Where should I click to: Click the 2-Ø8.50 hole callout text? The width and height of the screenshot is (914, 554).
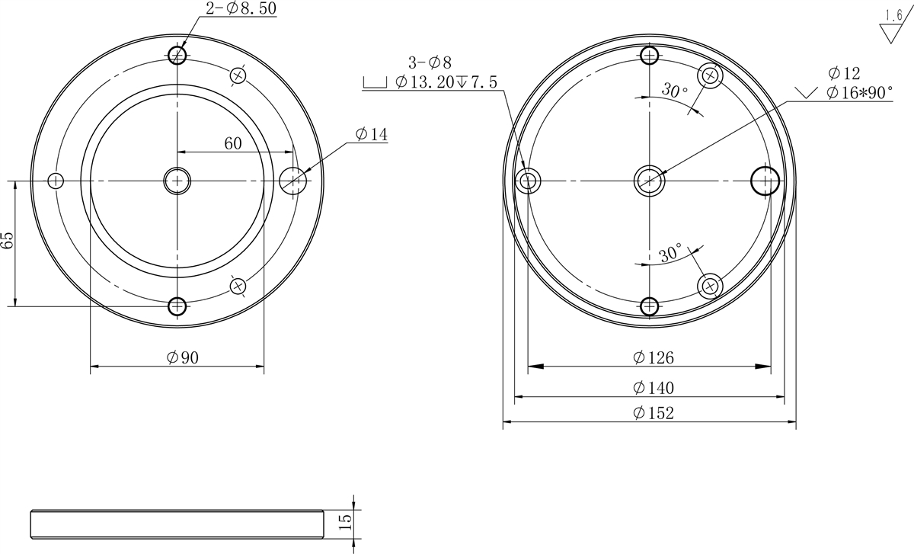click(241, 8)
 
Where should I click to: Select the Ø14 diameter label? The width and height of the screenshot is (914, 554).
click(372, 134)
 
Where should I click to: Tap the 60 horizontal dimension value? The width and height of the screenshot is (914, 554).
click(233, 143)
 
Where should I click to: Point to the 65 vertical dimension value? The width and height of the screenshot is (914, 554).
click(8, 240)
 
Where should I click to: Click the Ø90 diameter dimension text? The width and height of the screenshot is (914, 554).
click(183, 357)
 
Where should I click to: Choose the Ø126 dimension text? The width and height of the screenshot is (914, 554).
click(654, 357)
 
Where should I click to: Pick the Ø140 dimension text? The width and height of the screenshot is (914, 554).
click(654, 388)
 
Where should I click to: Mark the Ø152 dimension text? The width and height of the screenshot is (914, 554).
click(654, 413)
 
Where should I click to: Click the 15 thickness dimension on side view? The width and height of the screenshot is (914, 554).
click(345, 522)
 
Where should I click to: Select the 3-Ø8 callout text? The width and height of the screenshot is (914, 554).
click(430, 63)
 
